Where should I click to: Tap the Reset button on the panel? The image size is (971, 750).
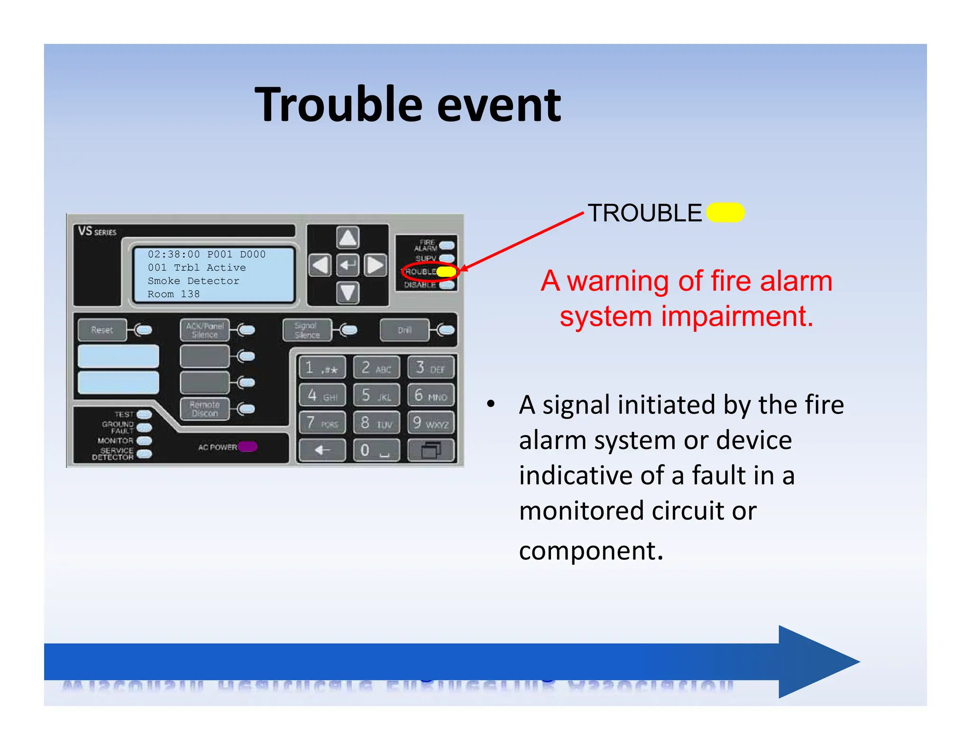[102, 330]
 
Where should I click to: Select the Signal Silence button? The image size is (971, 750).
[307, 330]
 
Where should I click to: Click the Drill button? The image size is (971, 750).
[404, 330]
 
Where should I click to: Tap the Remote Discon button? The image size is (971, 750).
[204, 409]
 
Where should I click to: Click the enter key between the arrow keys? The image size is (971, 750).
[348, 265]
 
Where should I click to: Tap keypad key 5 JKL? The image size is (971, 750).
[376, 395]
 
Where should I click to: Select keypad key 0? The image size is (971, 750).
[376, 450]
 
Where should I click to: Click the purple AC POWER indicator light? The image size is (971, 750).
[247, 447]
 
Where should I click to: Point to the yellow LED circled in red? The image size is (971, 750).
[446, 272]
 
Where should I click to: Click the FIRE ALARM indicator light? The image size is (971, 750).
[447, 246]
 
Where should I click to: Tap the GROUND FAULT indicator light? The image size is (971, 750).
[144, 428]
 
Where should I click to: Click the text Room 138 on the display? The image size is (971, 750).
[174, 294]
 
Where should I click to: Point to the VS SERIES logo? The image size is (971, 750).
[97, 231]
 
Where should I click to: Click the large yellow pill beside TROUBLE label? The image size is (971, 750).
[725, 212]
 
